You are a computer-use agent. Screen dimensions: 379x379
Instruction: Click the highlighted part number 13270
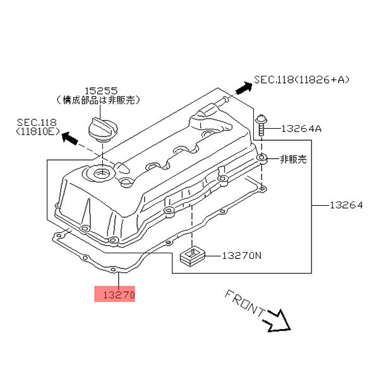tap(115, 294)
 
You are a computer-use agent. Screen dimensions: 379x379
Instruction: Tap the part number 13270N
tap(240, 256)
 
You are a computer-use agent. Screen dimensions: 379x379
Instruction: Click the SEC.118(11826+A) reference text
tap(301, 80)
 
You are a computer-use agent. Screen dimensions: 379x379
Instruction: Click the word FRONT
tap(244, 304)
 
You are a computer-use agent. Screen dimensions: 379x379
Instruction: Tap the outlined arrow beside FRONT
tap(277, 320)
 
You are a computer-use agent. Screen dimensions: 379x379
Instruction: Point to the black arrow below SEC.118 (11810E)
tap(71, 138)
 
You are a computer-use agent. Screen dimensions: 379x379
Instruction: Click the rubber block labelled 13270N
tap(191, 256)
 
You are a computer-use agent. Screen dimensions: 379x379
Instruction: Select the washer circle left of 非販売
tap(262, 159)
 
